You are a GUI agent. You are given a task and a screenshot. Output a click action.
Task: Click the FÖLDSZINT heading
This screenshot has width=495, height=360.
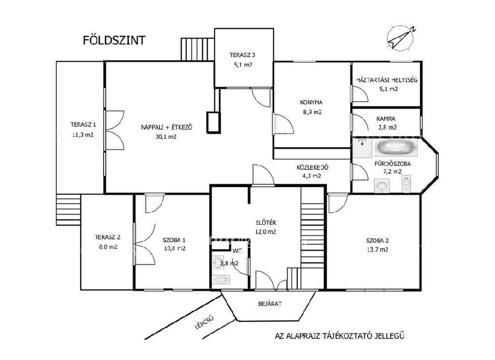[x=114, y=41]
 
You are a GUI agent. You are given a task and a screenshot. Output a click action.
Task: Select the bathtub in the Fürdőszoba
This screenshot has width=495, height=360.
[x=395, y=148]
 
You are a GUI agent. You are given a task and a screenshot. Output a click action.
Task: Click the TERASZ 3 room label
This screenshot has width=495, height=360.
[x=242, y=55]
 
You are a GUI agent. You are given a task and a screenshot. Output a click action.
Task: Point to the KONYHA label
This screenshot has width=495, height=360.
[x=311, y=102]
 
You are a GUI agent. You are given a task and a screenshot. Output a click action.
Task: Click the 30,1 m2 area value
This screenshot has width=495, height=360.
[x=166, y=137]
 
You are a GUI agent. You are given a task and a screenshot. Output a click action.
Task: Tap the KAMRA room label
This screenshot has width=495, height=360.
[x=386, y=119]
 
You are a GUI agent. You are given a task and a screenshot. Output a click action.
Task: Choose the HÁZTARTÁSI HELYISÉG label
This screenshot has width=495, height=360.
[x=387, y=80]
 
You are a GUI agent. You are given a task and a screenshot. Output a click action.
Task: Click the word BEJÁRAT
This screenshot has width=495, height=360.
[x=270, y=304]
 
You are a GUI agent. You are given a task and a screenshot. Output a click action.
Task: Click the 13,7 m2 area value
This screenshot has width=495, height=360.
[x=378, y=249]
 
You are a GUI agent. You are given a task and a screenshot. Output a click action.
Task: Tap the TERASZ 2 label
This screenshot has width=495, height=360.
[x=108, y=237]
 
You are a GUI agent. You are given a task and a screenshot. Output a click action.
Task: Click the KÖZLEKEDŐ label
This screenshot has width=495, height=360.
[x=312, y=167]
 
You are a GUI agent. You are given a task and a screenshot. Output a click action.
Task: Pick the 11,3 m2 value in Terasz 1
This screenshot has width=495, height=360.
[x=83, y=135]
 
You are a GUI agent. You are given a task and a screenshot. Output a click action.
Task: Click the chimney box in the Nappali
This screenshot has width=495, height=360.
[x=213, y=122]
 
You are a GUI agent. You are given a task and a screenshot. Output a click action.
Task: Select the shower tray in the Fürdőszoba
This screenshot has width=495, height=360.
[x=363, y=148]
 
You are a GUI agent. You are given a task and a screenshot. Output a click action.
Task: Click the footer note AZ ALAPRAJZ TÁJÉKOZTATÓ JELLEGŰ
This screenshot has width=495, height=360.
[x=339, y=336]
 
